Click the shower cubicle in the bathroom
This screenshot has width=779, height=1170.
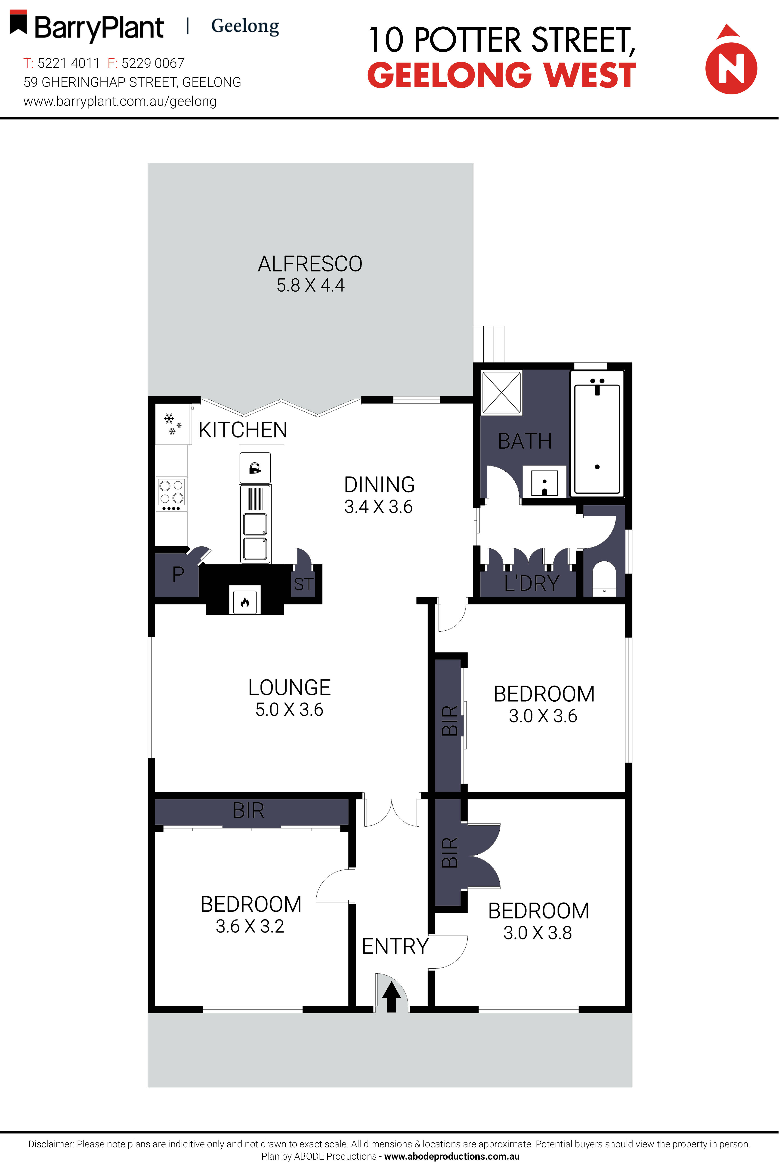(502, 392)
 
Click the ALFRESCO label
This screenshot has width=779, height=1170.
(310, 264)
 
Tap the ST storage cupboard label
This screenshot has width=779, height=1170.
(303, 584)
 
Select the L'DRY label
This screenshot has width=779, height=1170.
(532, 583)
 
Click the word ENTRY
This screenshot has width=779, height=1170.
(395, 946)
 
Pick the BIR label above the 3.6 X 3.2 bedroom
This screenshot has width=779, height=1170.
(248, 811)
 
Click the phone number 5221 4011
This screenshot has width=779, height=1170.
(68, 63)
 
